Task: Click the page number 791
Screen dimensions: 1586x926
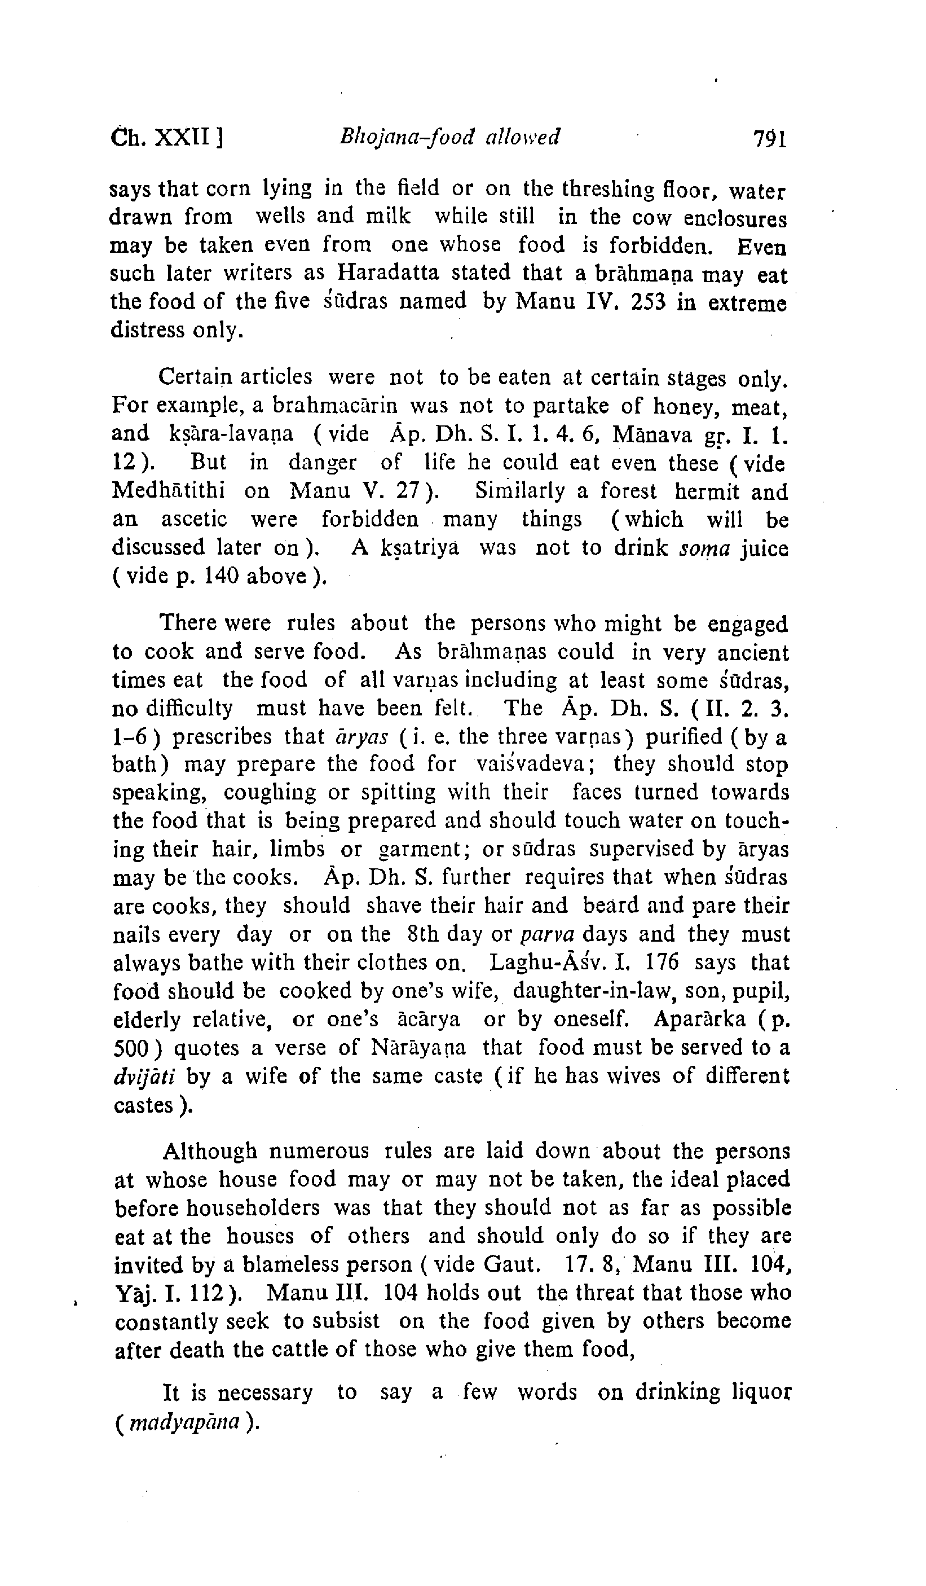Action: pos(769,138)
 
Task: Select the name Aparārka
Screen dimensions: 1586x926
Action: pos(699,1020)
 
